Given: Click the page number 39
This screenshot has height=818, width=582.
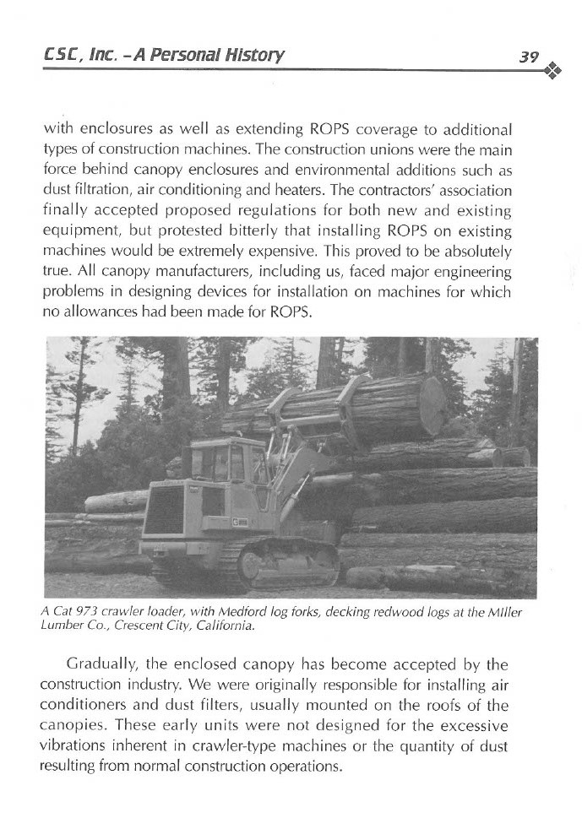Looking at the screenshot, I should (x=529, y=57).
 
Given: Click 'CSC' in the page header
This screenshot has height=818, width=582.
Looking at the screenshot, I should (x=63, y=57).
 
